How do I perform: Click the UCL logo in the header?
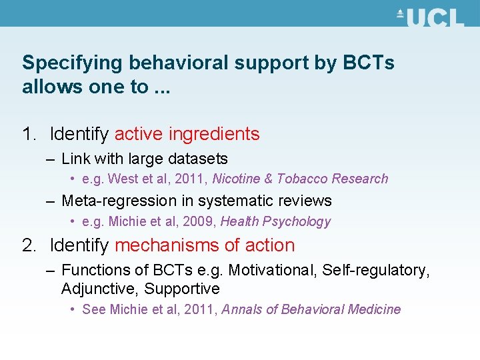[x=430, y=17]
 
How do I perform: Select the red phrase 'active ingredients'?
[x=187, y=134]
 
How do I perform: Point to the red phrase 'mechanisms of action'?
[x=205, y=245]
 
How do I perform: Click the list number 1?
[x=28, y=134]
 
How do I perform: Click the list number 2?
[x=29, y=245]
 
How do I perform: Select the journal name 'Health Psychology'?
[x=275, y=221]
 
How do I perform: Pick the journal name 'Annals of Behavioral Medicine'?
[x=311, y=309]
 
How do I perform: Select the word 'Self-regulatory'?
[x=377, y=270]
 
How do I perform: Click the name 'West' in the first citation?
[x=121, y=179]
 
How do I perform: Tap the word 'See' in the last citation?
[x=94, y=309]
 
